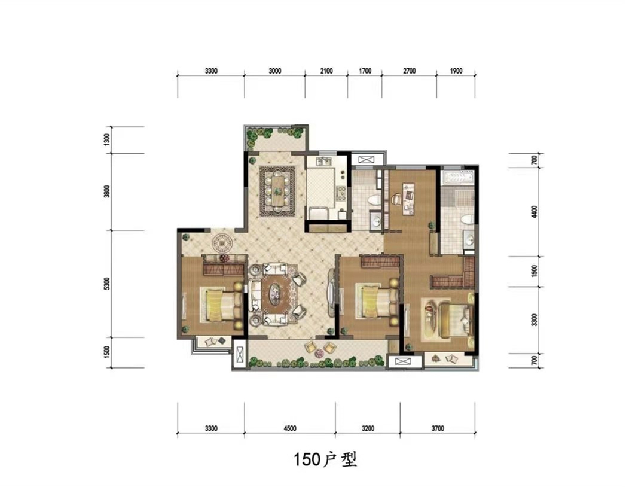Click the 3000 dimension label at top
[274, 71]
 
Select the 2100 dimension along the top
[326, 71]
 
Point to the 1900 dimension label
[456, 71]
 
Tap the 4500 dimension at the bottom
[290, 428]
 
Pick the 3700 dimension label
[438, 428]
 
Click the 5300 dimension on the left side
[106, 284]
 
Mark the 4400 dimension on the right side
[535, 212]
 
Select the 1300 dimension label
[106, 140]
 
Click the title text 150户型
[325, 459]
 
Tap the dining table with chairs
[277, 191]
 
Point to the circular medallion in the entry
[222, 242]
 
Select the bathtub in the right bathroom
[458, 176]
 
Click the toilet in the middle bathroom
[374, 200]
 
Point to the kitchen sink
[323, 162]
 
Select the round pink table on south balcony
[319, 353]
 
